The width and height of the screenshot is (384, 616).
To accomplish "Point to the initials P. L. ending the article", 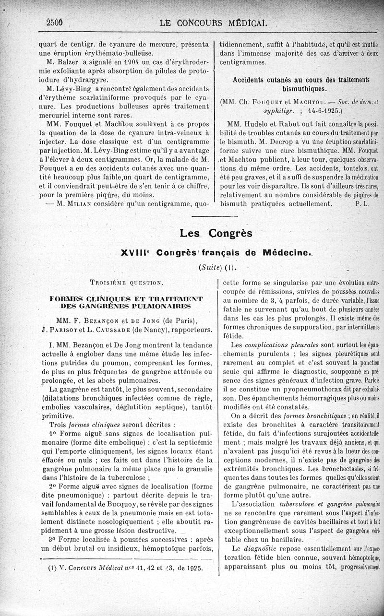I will (x=362, y=203).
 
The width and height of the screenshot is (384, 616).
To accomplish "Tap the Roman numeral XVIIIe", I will (x=136, y=252).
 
